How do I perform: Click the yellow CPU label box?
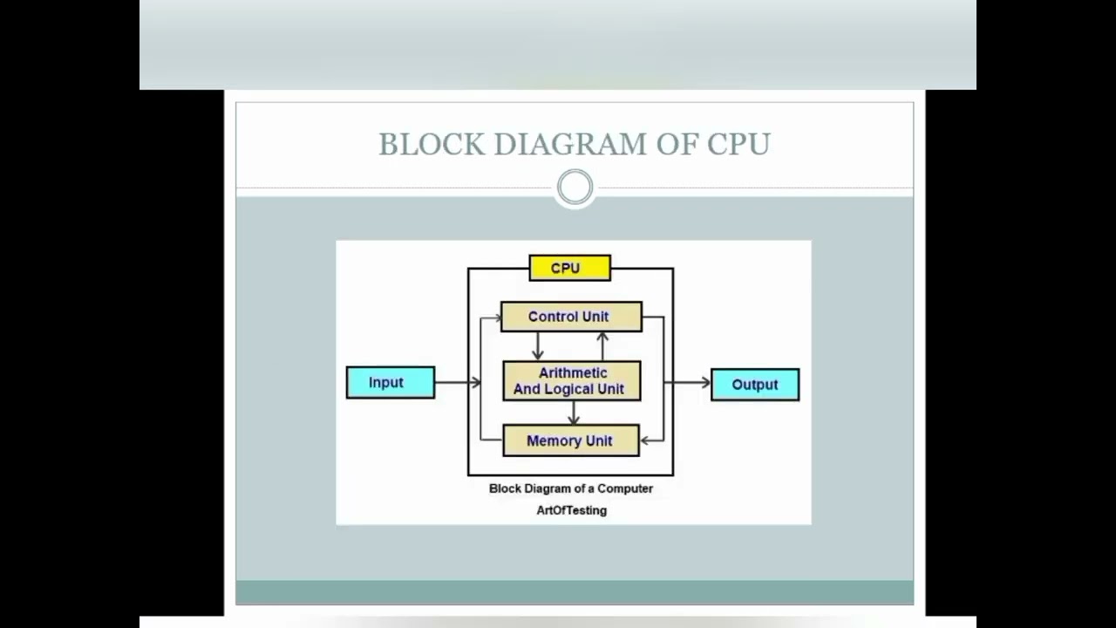click(569, 268)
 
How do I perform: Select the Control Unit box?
click(571, 317)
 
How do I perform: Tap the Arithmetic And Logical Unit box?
click(571, 381)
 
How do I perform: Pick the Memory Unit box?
click(571, 440)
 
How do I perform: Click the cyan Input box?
click(390, 383)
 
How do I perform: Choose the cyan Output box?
click(755, 385)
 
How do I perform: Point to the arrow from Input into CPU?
click(457, 382)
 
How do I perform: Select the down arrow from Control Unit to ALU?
click(537, 346)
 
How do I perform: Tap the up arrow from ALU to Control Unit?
click(602, 345)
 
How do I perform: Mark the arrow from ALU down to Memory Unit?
click(573, 413)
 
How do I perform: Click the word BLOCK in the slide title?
click(432, 145)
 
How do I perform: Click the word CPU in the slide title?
click(738, 145)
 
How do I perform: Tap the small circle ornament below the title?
click(575, 188)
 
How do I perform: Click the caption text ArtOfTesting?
click(571, 510)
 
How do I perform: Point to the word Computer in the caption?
click(624, 488)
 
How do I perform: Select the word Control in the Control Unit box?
click(555, 317)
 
